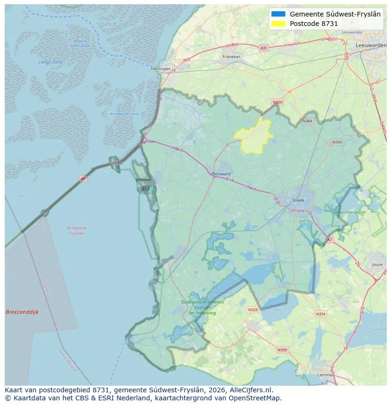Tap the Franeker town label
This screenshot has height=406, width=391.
pos(231,57)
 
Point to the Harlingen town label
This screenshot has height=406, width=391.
pos(160,69)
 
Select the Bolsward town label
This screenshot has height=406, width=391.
pos(221,174)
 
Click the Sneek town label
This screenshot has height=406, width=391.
pos(298,200)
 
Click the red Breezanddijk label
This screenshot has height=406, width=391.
pos(22,312)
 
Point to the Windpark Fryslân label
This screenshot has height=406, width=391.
pos(76,231)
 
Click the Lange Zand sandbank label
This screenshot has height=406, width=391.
pos(50,62)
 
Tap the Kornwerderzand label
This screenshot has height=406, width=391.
pos(124,114)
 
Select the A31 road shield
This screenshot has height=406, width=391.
pos(264,48)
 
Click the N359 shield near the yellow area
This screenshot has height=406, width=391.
pos(277,102)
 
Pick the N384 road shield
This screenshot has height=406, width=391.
pos(307,121)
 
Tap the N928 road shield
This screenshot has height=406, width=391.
pos(253,310)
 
